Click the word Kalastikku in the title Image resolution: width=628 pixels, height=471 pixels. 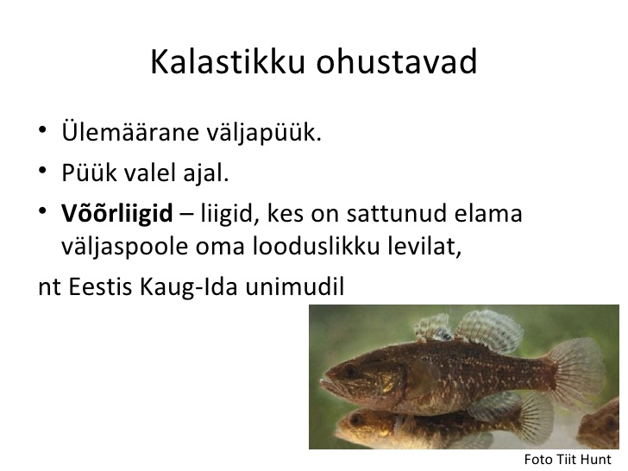(228, 62)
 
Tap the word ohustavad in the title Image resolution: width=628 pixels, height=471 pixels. (397, 62)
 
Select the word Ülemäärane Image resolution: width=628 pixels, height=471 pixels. (130, 131)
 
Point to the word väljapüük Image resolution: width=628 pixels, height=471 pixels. (264, 132)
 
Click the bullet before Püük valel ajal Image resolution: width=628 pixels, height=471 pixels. (42, 171)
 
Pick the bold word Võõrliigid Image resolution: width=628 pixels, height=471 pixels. (117, 213)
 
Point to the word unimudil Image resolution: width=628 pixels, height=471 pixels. (295, 286)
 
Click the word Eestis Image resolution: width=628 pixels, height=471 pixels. (100, 286)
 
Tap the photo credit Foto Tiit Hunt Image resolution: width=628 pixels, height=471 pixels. (568, 459)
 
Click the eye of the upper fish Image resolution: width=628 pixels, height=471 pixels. (349, 370)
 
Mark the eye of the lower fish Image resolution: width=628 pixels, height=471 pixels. (355, 419)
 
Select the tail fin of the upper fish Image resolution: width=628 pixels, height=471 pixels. (579, 373)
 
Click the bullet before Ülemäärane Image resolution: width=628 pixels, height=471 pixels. (42, 130)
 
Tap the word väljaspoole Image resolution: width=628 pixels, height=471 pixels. (124, 247)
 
